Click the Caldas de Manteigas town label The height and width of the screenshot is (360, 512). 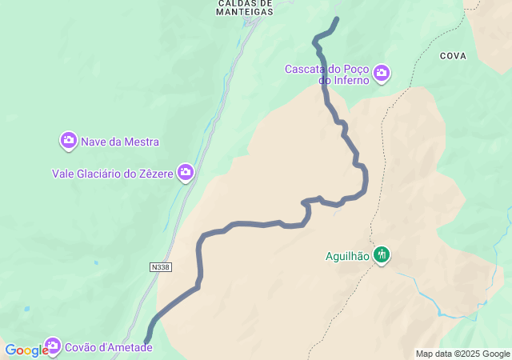click(x=245, y=7)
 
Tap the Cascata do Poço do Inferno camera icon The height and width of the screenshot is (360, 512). click(x=382, y=74)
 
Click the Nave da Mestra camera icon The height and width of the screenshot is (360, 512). click(x=69, y=141)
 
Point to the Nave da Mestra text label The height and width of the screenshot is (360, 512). click(x=120, y=142)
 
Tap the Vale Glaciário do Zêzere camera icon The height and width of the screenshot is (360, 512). click(x=186, y=172)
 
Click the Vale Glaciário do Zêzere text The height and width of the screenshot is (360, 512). click(x=113, y=173)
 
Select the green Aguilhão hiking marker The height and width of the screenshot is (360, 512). click(x=382, y=255)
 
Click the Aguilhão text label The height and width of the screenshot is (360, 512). click(x=347, y=256)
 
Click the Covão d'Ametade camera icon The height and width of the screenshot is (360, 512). click(x=53, y=346)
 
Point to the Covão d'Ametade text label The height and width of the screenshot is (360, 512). click(x=108, y=347)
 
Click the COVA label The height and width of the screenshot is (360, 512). click(x=453, y=56)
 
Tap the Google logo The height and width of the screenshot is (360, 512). click(x=26, y=350)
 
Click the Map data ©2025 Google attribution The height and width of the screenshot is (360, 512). click(x=462, y=354)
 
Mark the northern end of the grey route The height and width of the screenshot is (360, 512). click(x=337, y=18)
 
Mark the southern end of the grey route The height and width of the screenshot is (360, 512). click(x=147, y=342)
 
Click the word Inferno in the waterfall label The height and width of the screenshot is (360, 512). click(x=349, y=80)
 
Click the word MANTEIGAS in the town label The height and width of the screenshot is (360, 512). click(x=245, y=12)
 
